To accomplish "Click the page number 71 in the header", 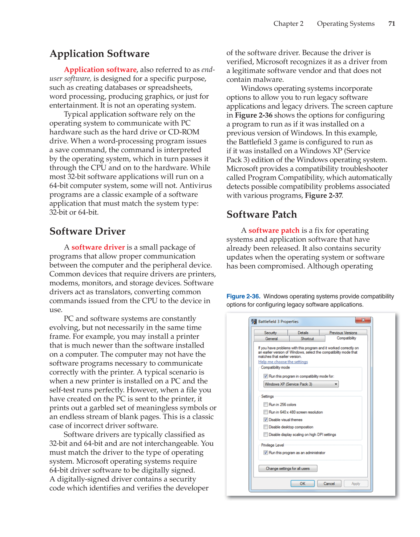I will [x=391, y=24].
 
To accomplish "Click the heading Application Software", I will [x=100, y=54].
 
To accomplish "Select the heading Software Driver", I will [x=88, y=231].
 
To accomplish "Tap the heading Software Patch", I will [x=262, y=215].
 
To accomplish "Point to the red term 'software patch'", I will [x=274, y=231].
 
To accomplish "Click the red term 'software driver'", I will [x=98, y=247].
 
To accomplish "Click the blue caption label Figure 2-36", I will [x=243, y=296].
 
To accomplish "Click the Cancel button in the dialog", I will [x=329, y=484].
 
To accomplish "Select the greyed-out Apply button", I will [x=356, y=484].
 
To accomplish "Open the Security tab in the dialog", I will [x=270, y=333].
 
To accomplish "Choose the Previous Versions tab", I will [x=343, y=333].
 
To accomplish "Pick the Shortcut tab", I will [x=307, y=339].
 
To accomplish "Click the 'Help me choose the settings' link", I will [x=283, y=362].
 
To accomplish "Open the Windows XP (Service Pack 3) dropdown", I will [x=301, y=384].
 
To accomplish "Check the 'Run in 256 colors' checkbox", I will [x=266, y=404].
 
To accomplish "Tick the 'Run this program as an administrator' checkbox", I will [x=266, y=453].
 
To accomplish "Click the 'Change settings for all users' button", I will [x=288, y=468].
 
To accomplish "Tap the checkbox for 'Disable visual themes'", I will [x=266, y=420].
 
